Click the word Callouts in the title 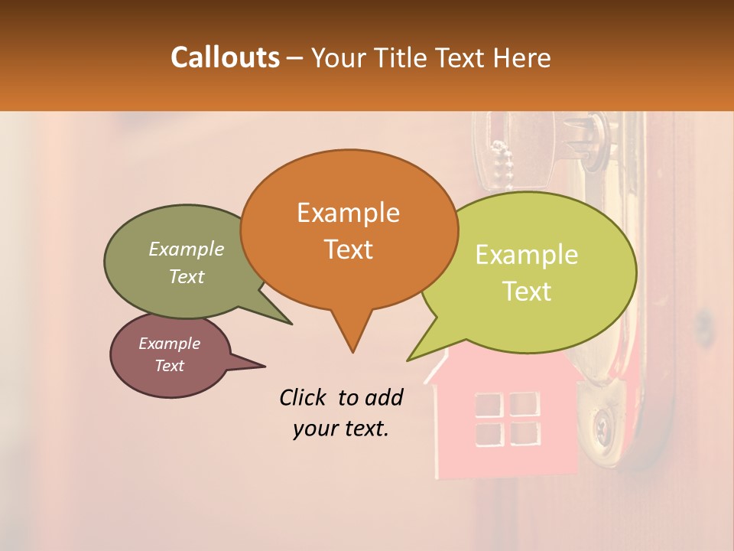(225, 57)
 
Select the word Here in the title (522, 57)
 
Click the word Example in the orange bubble (348, 213)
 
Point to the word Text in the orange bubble (348, 249)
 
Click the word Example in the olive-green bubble (187, 249)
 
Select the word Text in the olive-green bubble (187, 276)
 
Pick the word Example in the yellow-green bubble (527, 255)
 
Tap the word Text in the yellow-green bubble (527, 292)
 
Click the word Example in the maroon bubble (169, 344)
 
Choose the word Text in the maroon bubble (169, 366)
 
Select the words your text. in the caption (340, 429)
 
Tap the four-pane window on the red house (507, 419)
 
